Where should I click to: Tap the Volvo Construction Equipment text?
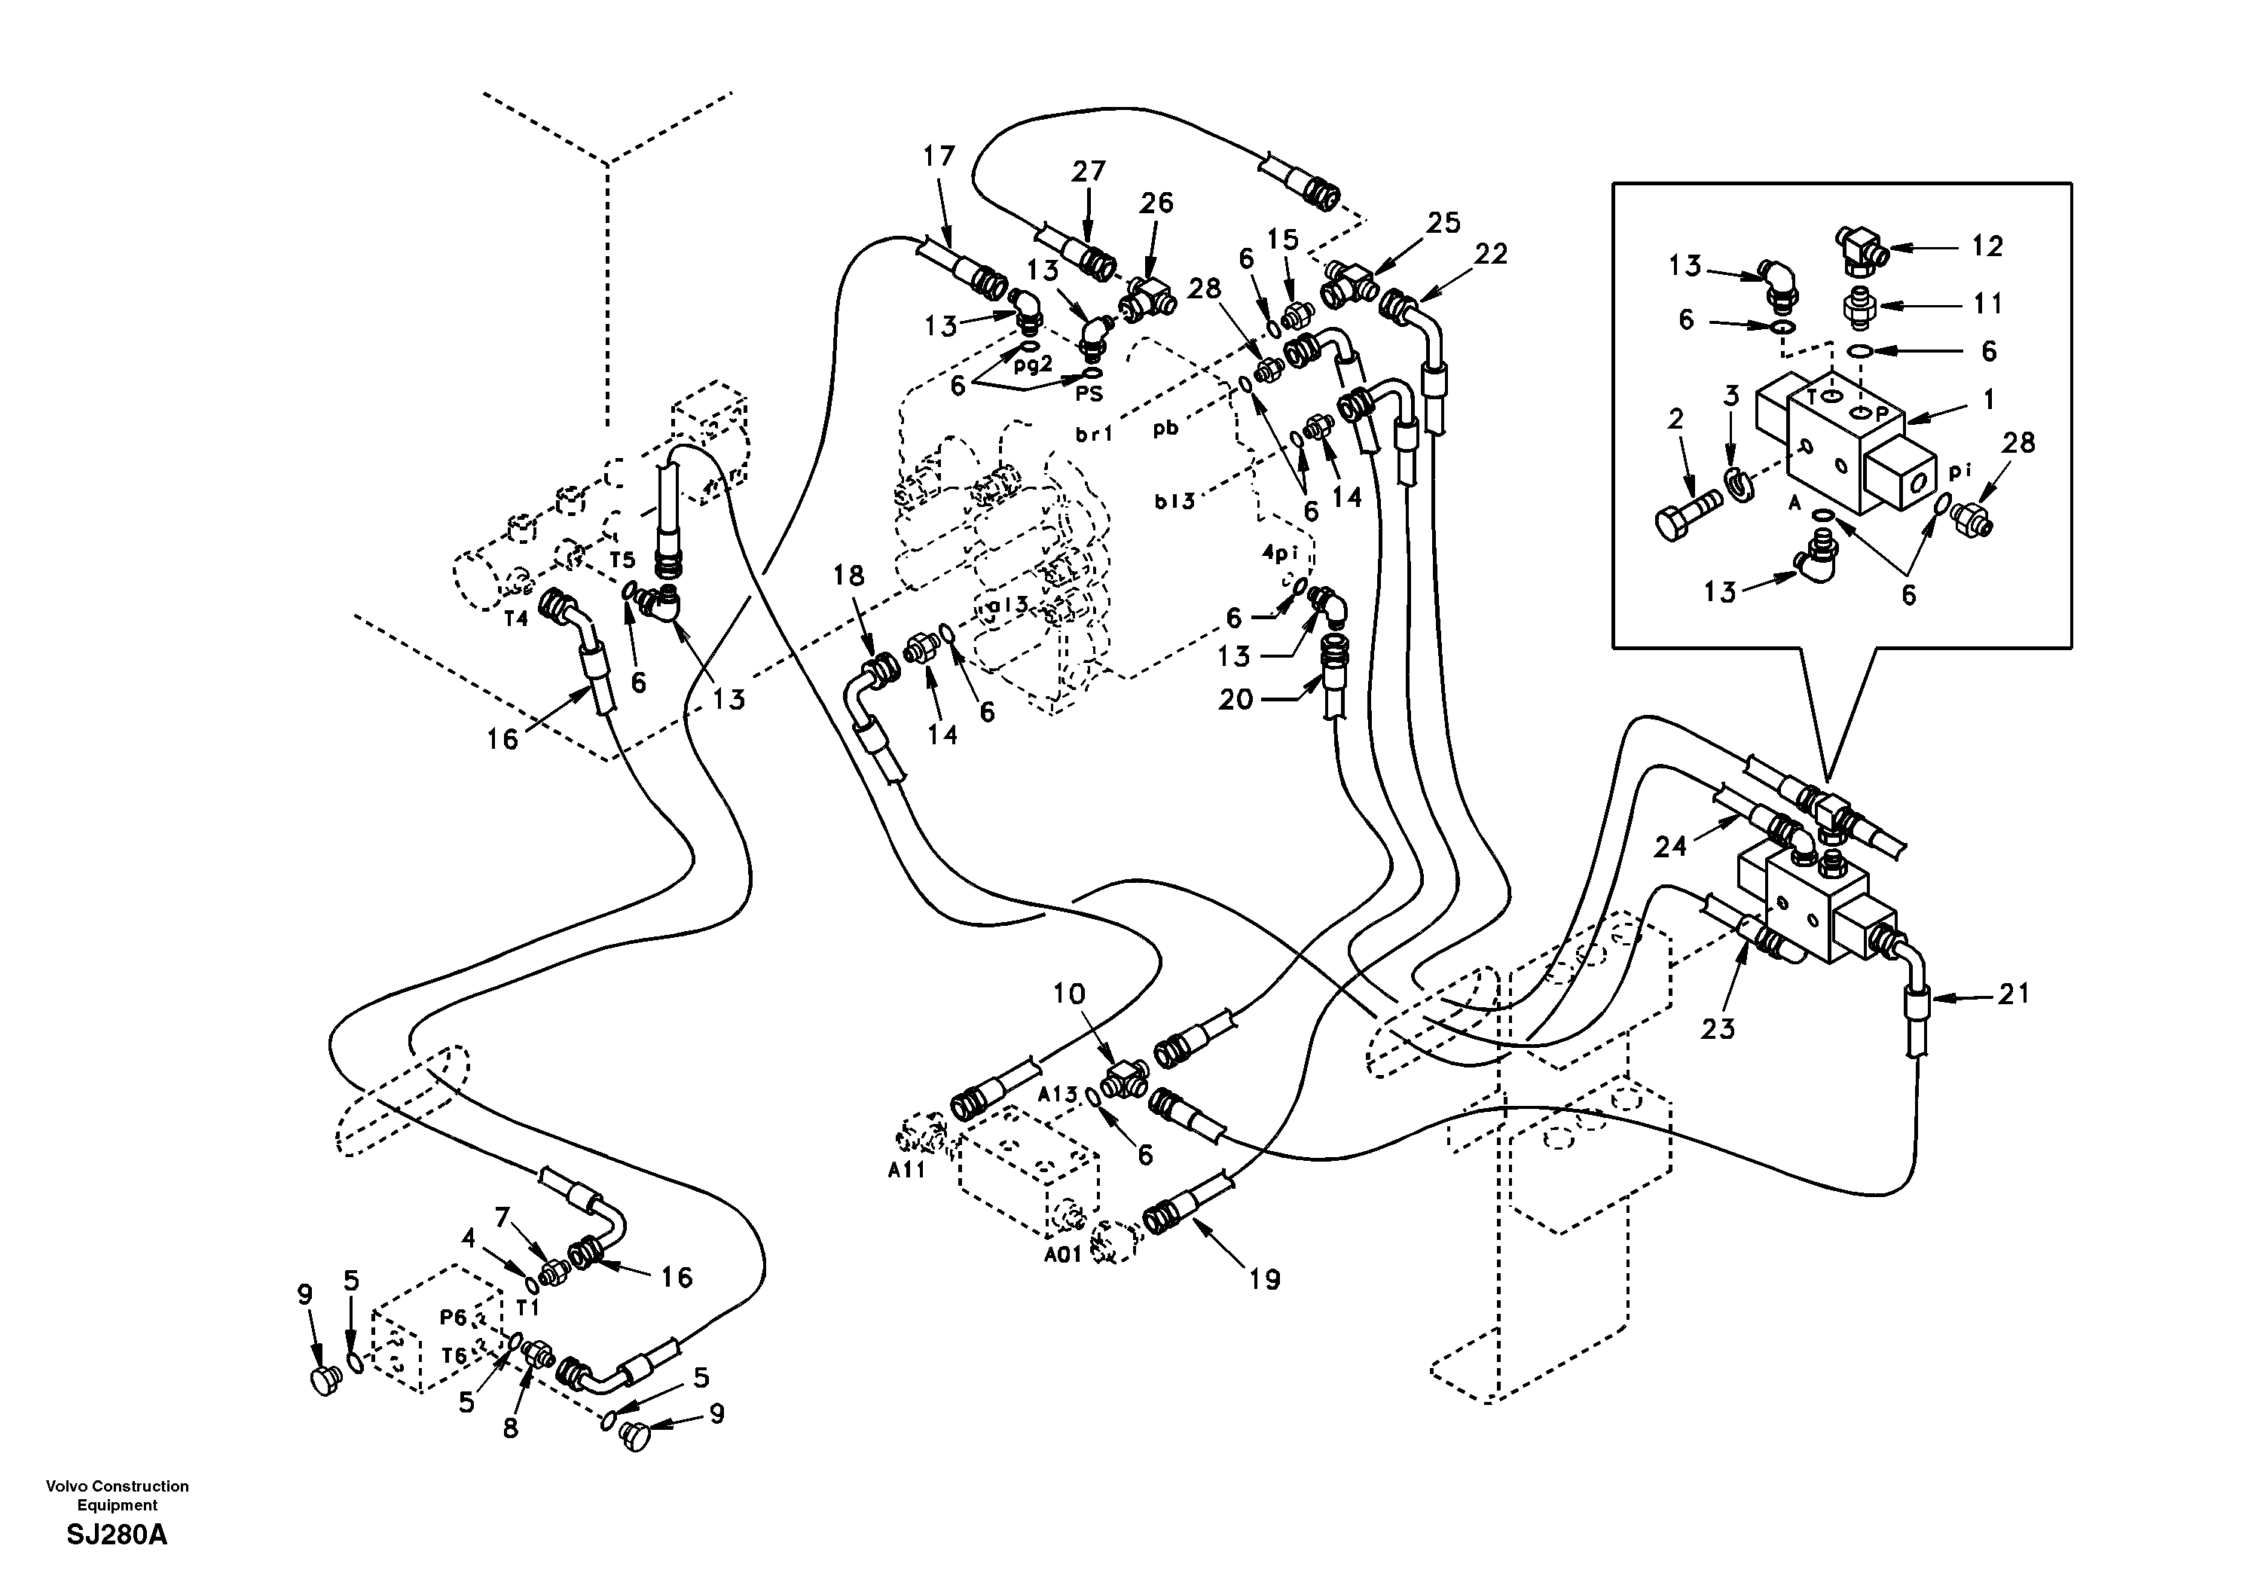118,1495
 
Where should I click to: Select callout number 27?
1088,171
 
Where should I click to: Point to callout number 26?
1156,203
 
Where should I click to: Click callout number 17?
939,156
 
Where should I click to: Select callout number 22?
1490,254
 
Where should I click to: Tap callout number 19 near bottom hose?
1265,1279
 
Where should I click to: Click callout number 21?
2014,994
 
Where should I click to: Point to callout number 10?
1068,994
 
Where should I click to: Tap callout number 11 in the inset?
1987,304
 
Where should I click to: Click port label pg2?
1033,365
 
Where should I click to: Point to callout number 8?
511,1428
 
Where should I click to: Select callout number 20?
1236,699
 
